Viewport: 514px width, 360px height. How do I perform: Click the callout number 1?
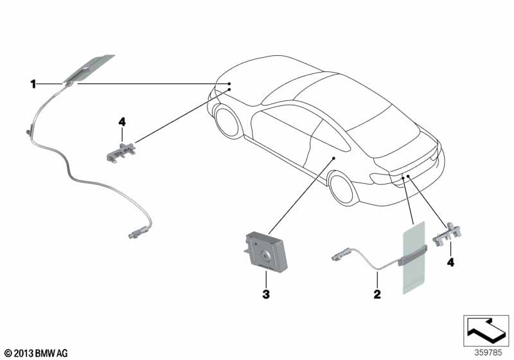pos(33,84)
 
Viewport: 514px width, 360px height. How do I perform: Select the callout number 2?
pos(377,294)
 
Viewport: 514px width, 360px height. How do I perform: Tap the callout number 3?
pos(266,294)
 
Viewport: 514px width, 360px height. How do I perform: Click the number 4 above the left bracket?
pos(122,122)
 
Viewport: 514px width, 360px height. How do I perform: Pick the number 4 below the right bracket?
pos(451,262)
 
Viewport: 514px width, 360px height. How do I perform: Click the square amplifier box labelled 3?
pos(266,251)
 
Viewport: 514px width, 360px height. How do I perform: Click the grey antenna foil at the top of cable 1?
pos(88,70)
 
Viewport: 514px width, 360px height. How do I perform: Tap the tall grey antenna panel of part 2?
pos(413,258)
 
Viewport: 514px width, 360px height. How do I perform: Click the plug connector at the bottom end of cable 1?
pos(137,232)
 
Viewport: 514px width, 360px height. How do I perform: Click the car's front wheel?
pos(227,121)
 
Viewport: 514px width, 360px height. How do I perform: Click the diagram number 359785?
pos(488,353)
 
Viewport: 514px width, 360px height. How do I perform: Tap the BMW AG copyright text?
pos(37,354)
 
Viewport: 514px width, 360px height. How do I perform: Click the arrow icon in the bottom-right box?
pos(486,329)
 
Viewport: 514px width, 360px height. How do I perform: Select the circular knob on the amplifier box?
pos(265,255)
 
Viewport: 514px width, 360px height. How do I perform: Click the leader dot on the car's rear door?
pos(333,158)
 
